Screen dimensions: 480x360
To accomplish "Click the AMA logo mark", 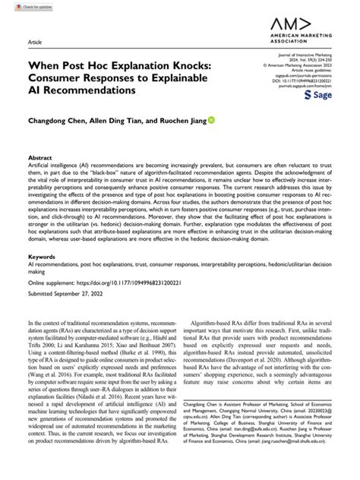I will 300,26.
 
